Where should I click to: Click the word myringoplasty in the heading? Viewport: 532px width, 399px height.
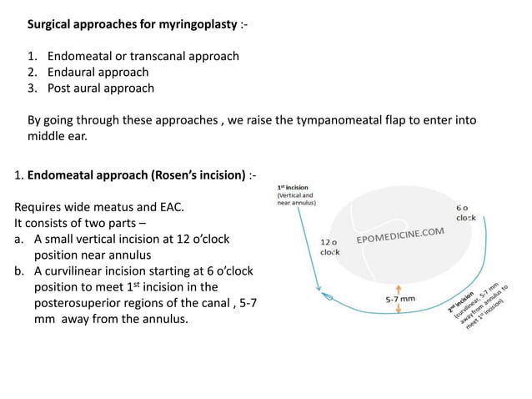click(194, 25)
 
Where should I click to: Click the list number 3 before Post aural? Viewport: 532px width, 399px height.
click(33, 88)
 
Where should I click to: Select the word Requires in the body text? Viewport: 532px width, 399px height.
click(40, 207)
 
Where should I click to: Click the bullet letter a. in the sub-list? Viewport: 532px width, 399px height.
click(20, 239)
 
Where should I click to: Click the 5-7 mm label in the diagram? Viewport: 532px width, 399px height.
click(400, 298)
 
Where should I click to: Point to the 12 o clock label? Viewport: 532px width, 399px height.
click(330, 246)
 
